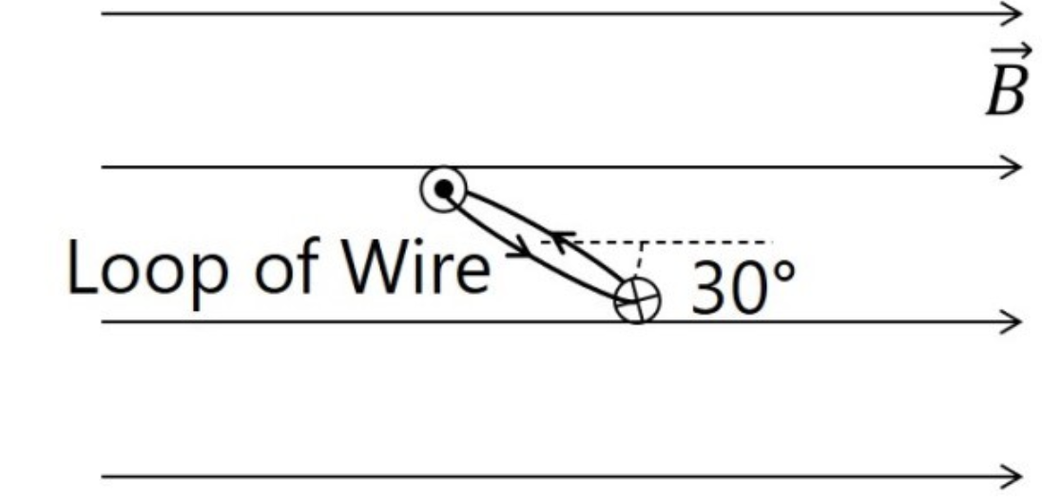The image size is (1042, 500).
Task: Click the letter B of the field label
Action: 1006,92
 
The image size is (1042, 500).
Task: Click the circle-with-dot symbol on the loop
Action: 443,189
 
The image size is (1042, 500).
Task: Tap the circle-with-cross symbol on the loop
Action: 637,301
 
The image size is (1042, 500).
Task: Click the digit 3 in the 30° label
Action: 708,289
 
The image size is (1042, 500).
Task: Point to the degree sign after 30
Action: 782,270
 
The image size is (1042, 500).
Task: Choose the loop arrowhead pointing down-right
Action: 519,255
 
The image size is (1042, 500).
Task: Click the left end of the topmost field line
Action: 104,13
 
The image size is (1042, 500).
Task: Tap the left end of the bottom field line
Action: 104,475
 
